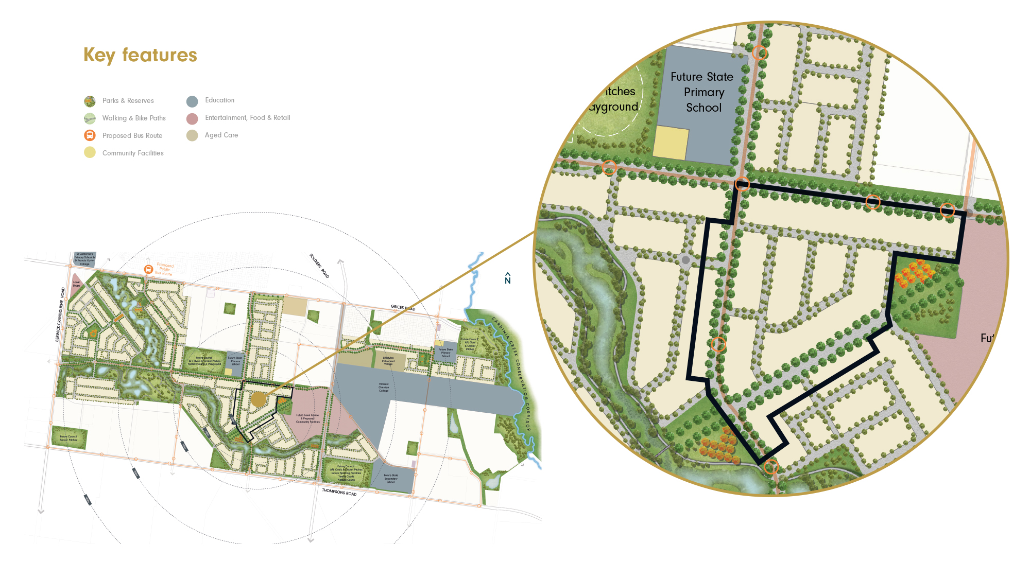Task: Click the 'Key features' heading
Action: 140,55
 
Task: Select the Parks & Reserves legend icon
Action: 90,101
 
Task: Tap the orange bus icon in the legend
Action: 90,135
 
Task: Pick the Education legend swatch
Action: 192,101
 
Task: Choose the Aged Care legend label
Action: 221,135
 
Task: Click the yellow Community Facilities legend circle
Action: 90,153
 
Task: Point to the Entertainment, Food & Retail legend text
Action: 247,118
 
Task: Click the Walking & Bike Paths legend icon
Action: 90,118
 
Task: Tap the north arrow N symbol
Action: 508,278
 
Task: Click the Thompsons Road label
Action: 339,493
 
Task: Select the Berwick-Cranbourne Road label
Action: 60,314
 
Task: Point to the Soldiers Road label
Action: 319,266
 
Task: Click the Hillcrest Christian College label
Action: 384,388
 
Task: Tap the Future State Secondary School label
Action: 391,479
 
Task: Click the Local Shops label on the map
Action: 76,284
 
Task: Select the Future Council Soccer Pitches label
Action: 68,438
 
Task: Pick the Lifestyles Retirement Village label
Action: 388,361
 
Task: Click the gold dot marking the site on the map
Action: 259,399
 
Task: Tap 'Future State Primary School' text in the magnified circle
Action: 703,92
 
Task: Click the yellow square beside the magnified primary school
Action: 671,143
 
